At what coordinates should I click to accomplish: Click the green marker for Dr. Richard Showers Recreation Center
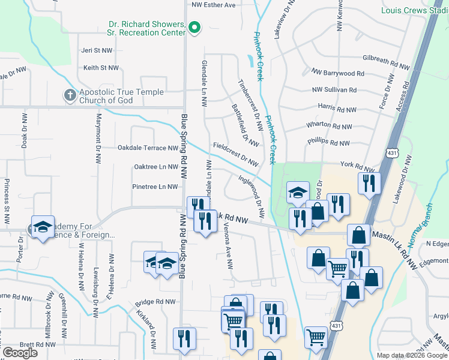click(x=194, y=27)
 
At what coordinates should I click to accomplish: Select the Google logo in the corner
click(x=20, y=352)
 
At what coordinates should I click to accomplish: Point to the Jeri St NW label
click(x=97, y=51)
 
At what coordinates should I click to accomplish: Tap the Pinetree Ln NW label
click(x=155, y=187)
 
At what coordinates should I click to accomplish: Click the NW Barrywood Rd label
click(x=338, y=73)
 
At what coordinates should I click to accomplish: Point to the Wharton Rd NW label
click(x=329, y=126)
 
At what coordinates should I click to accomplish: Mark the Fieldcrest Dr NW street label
click(x=235, y=154)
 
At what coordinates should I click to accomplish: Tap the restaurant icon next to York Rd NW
click(x=369, y=182)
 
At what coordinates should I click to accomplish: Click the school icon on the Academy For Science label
click(x=43, y=227)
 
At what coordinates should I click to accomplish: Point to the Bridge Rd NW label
click(x=155, y=302)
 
